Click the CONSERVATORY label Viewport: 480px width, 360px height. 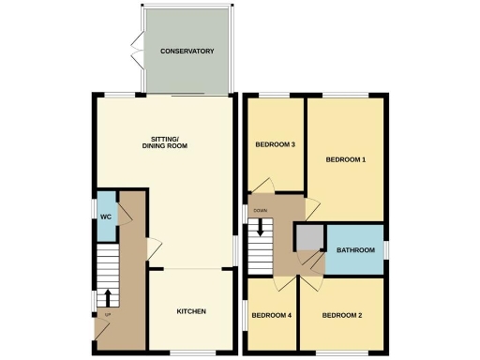[187, 51]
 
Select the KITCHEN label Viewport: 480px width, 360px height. [191, 311]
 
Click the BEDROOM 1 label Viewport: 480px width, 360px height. [345, 159]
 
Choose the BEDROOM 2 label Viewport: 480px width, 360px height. [342, 316]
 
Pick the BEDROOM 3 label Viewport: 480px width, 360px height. [276, 144]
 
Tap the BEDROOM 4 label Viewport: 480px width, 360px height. [272, 316]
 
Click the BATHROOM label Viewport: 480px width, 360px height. [355, 250]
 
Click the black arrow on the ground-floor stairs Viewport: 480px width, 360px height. [108, 298]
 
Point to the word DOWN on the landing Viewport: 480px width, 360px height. [260, 210]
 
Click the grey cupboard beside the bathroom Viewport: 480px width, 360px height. [307, 238]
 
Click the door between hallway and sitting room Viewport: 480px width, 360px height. [154, 249]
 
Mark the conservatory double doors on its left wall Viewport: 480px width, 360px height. [138, 51]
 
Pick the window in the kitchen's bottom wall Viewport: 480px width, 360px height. [199, 352]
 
